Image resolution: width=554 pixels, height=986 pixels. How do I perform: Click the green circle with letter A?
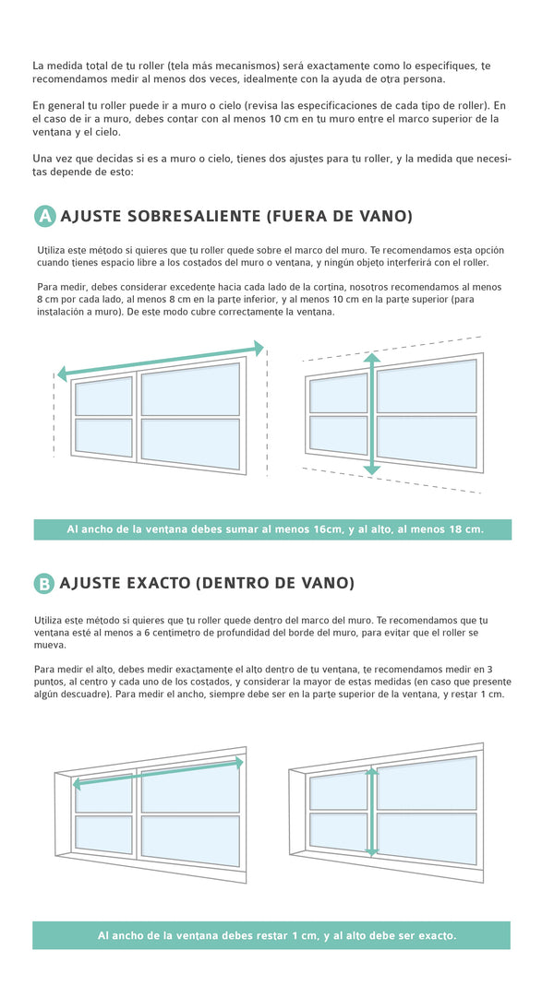click(x=44, y=216)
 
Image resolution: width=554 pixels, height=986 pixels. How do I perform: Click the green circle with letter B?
click(x=44, y=584)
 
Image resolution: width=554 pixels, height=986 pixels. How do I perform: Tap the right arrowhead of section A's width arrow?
click(x=259, y=347)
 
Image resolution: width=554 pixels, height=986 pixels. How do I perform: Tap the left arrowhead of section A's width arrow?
click(x=62, y=374)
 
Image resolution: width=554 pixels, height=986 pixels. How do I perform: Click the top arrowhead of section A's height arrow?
click(x=372, y=359)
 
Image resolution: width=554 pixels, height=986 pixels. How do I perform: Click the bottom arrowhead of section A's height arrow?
click(x=372, y=469)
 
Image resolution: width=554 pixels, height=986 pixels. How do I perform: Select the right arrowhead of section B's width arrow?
click(x=240, y=762)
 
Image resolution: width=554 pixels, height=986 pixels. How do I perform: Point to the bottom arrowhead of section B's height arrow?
click(x=372, y=852)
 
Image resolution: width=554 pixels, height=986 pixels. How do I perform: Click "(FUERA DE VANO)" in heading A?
click(x=339, y=217)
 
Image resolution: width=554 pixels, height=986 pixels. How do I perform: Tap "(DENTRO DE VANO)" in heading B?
click(x=274, y=584)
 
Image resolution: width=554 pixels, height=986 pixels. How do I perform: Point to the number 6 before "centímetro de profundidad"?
click(x=147, y=634)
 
